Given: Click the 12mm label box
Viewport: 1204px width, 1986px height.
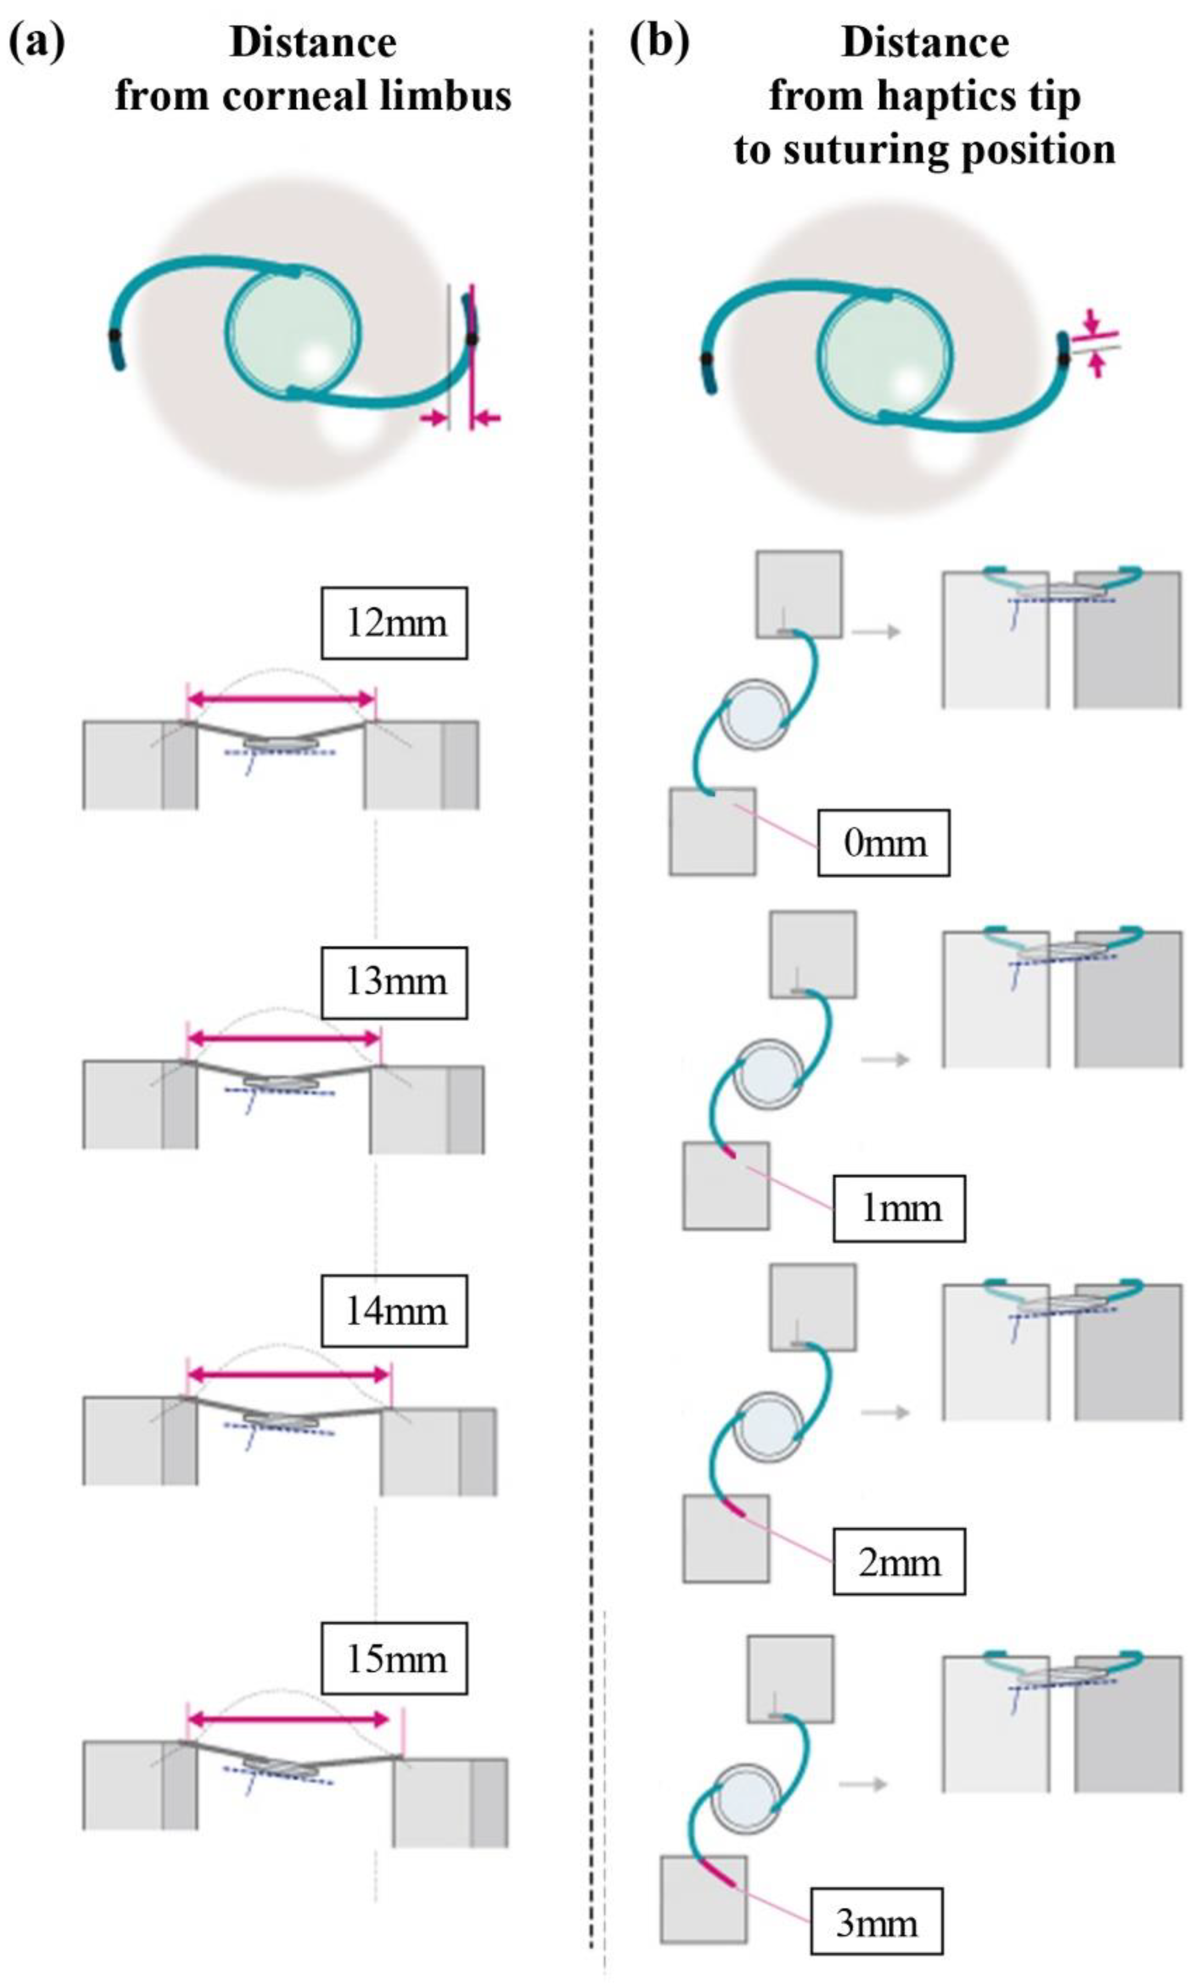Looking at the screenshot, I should click(394, 623).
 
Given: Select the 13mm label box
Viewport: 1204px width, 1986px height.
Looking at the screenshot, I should click(394, 982).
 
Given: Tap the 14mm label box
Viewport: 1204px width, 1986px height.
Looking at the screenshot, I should click(394, 1311).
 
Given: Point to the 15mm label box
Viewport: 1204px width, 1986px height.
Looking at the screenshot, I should click(394, 1659).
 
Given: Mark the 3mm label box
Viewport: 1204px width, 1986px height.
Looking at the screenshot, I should click(876, 1923).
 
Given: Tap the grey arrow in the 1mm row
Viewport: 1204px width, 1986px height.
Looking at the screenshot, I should click(885, 1058).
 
